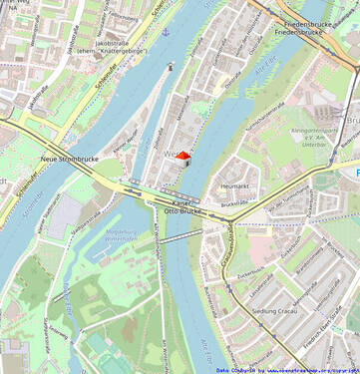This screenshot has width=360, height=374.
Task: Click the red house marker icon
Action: click(182, 157)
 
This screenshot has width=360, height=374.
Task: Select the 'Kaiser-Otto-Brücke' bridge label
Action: click(183, 206)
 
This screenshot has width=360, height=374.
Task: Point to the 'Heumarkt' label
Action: click(234, 187)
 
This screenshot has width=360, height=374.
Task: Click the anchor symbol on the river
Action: click(167, 32)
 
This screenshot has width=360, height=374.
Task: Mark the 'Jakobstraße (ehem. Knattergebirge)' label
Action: click(113, 46)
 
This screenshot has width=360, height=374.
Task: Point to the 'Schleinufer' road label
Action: click(105, 79)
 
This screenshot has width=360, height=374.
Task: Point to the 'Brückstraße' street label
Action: click(235, 202)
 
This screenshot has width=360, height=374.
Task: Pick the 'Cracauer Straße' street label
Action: click(227, 244)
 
